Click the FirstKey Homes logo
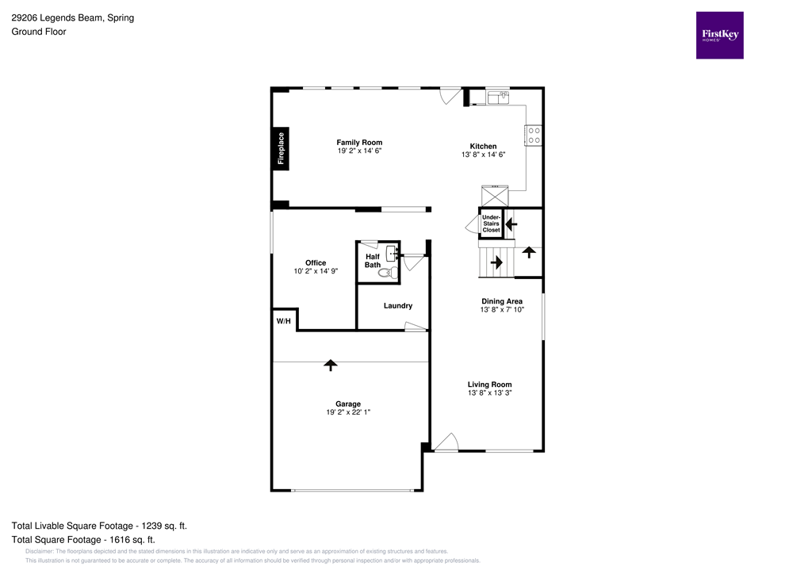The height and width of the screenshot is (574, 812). coord(719,35)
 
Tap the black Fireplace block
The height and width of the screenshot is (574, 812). coord(281,148)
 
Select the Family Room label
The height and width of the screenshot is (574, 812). coord(359,143)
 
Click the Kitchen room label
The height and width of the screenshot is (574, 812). coord(483,147)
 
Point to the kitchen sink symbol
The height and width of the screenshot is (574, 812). coord(499,97)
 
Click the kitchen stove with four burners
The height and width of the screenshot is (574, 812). coord(534,136)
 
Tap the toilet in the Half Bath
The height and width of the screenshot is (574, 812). coord(386,273)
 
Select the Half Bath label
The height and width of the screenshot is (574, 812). coord(372,261)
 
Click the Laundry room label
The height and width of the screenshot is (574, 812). coord(397,306)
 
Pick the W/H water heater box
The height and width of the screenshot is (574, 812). coord(283,321)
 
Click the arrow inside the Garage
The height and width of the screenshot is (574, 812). coord(331,365)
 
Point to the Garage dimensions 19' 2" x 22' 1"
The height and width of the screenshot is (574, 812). coord(348,412)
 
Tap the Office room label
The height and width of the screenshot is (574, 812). coord(316,263)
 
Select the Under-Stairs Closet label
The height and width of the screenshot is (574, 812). coord(491,223)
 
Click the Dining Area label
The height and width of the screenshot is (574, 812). coord(502,301)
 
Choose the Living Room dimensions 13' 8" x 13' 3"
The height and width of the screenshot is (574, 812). coord(489,393)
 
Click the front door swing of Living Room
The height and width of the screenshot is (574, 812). coord(447,442)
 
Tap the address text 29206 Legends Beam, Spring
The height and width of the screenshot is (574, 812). coord(72,17)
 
